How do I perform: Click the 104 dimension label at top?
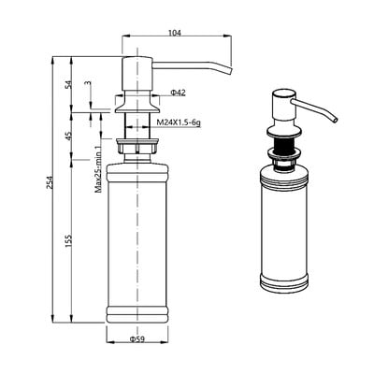175,33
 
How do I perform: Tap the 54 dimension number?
68,84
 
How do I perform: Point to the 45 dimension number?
68,136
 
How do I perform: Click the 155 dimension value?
68,240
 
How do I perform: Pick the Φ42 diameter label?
178,93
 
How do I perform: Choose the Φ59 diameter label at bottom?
137,339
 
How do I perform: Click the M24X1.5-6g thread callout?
179,122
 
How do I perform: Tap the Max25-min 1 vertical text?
98,169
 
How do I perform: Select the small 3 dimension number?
88,83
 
